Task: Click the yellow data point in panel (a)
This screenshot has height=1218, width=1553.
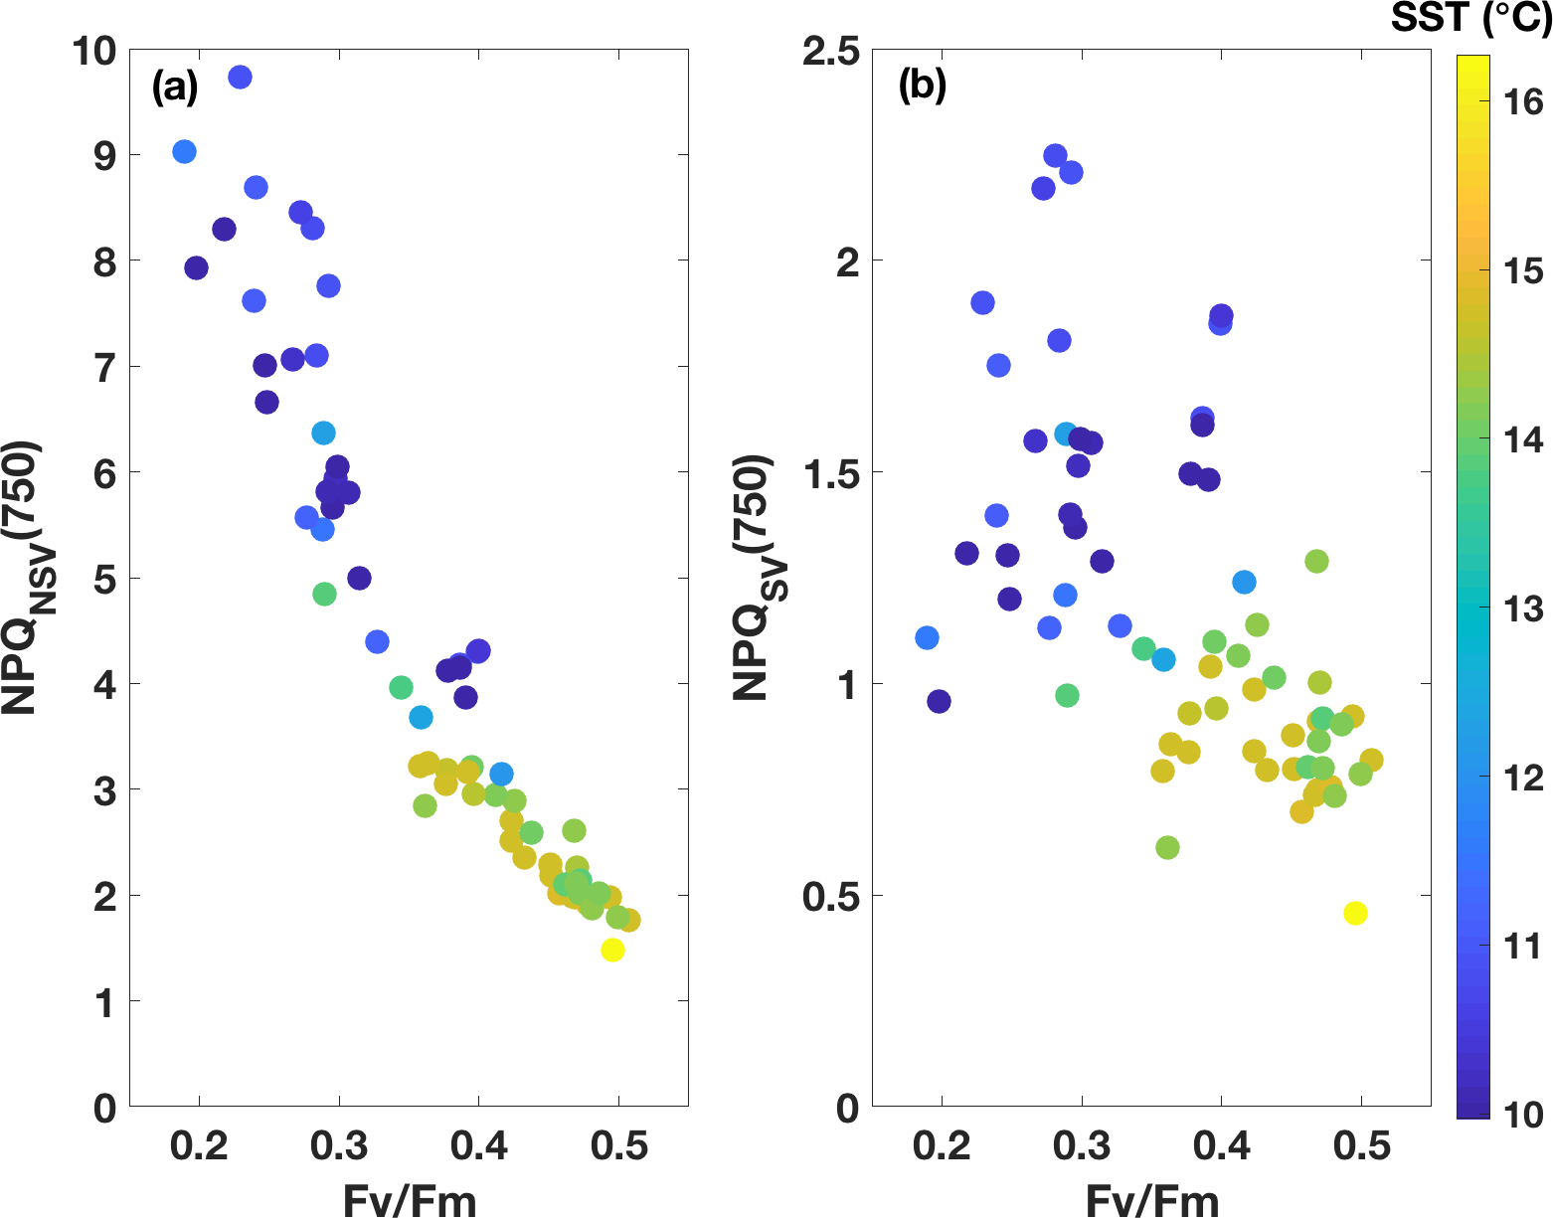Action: point(612,950)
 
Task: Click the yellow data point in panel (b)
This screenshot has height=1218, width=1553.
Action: point(1355,913)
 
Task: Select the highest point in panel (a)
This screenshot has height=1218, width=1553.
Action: point(240,77)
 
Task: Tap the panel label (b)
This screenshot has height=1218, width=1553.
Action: point(922,87)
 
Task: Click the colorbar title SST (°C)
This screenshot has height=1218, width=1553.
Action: point(1470,19)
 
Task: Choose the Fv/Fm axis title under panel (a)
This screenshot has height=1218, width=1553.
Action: point(410,1200)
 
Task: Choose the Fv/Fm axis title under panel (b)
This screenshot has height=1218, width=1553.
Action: point(1152,1200)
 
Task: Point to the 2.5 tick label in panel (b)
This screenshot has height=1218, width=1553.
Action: point(831,52)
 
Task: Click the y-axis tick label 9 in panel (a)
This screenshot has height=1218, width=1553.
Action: point(104,156)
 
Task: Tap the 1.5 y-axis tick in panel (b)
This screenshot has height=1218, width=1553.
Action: point(831,473)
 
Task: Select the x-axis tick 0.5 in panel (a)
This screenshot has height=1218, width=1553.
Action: point(618,1146)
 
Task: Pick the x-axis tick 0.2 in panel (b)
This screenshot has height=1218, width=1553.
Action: point(942,1146)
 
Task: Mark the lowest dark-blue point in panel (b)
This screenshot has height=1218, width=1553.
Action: point(939,701)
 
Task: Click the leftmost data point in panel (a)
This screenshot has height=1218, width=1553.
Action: point(184,151)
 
